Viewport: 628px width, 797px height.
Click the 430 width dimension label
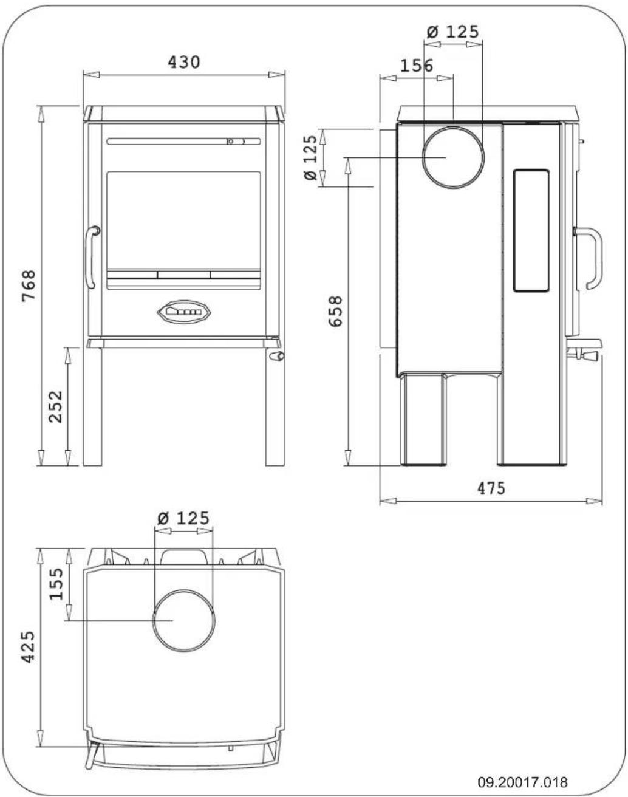183,62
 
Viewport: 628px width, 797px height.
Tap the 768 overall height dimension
29,286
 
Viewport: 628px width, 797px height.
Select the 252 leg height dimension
55,407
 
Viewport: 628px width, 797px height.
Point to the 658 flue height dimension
335,311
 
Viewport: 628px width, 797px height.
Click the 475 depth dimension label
491,488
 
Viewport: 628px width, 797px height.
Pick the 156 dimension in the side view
417,66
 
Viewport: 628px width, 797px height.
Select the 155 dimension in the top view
56,583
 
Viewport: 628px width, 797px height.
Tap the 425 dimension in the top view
28,647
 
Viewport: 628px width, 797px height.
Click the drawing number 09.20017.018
523,781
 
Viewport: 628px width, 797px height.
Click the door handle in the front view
91,257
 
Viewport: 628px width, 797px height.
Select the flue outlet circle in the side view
453,158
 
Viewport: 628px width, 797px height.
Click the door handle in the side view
592,258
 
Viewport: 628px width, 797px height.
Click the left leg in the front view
93,407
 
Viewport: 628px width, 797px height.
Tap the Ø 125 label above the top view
183,518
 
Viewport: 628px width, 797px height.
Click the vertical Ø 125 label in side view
310,158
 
